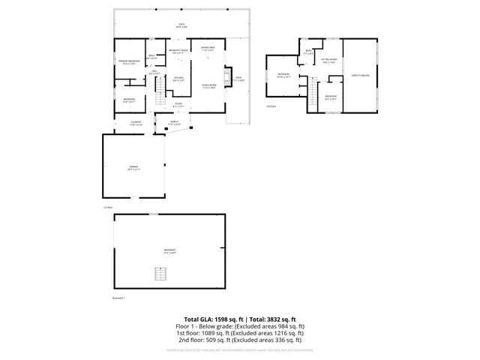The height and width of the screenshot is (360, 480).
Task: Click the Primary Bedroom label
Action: click(x=130, y=62)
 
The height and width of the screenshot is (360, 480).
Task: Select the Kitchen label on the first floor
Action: click(x=179, y=78)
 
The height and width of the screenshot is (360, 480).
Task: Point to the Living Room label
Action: click(x=208, y=85)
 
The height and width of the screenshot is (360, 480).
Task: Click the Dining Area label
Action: click(x=208, y=49)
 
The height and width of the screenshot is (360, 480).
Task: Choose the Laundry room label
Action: click(x=136, y=122)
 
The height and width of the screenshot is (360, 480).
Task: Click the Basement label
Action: click(x=169, y=251)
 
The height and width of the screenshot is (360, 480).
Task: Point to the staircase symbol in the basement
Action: click(x=158, y=273)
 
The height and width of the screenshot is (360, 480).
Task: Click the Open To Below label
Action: click(x=361, y=75)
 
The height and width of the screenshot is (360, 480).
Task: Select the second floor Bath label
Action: click(x=309, y=52)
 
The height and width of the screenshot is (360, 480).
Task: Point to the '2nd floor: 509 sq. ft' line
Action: click(x=240, y=340)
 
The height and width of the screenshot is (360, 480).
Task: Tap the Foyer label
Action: click(x=179, y=104)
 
